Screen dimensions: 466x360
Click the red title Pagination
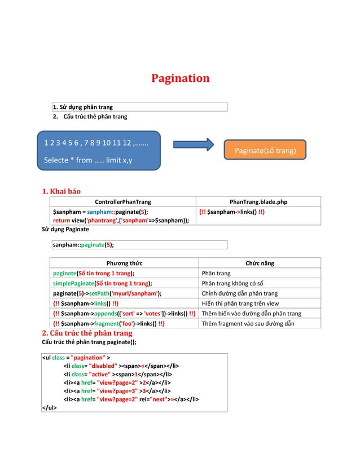point(180,78)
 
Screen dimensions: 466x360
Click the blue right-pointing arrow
point(193,144)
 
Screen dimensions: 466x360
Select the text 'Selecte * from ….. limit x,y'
point(88,160)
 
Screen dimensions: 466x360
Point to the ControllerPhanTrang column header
point(122,201)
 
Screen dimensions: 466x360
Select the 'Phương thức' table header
point(124,263)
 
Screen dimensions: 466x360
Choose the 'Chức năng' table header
point(260,263)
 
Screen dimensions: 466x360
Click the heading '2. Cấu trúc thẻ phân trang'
point(87,333)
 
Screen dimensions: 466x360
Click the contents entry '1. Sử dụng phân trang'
point(82,107)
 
